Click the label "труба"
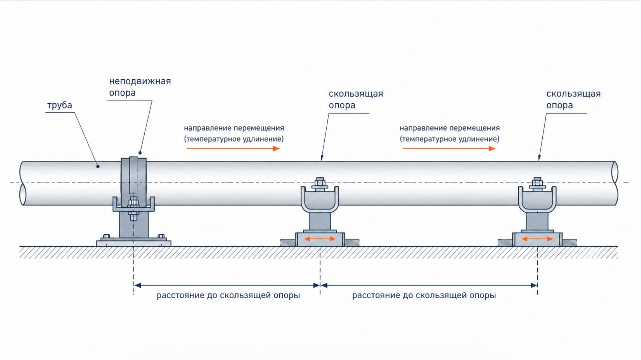pyautogui.click(x=59, y=106)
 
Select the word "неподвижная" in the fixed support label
pyautogui.click(x=140, y=81)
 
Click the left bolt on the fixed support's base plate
pyautogui.click(x=106, y=236)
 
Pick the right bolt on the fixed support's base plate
pyautogui.click(x=161, y=236)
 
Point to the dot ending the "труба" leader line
pyautogui.click(x=98, y=167)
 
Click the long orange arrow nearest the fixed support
pyautogui.click(x=233, y=149)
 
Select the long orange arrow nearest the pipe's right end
pyautogui.click(x=449, y=149)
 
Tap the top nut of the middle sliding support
pyautogui.click(x=320, y=182)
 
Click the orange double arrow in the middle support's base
pyautogui.click(x=320, y=239)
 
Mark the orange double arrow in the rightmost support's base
pyautogui.click(x=537, y=239)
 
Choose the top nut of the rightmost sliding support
pyautogui.click(x=537, y=182)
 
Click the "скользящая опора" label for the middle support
pyautogui.click(x=356, y=100)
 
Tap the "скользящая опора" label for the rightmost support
pyautogui.click(x=573, y=100)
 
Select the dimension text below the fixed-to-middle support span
pyautogui.click(x=228, y=295)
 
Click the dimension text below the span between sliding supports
pyautogui.click(x=424, y=295)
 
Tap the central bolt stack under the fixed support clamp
pyautogui.click(x=133, y=209)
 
